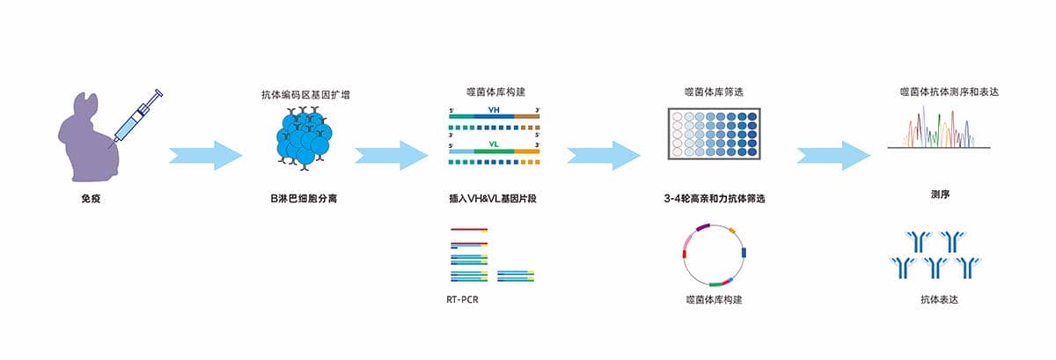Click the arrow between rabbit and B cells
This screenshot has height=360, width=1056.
click(x=205, y=155)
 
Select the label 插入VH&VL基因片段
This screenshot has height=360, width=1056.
click(x=493, y=199)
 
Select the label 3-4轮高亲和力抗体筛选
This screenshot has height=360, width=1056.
click(x=714, y=199)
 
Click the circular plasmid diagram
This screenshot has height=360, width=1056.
click(x=714, y=254)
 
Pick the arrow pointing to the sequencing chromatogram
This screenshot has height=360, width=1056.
click(x=832, y=155)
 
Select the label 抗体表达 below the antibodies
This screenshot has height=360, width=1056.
click(x=939, y=300)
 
